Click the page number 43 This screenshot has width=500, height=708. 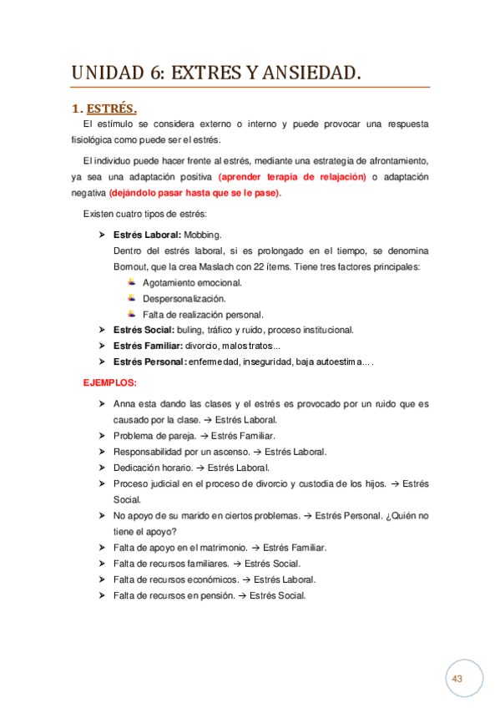click(x=457, y=679)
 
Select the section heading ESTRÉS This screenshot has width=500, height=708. click(x=112, y=109)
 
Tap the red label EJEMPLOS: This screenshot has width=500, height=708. click(x=109, y=382)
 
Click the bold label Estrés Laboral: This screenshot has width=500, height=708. click(x=146, y=235)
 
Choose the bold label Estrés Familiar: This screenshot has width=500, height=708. click(x=148, y=346)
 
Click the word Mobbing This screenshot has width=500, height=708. click(x=203, y=235)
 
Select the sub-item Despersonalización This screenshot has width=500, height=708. click(x=184, y=298)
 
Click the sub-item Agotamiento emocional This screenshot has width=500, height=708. click(x=192, y=282)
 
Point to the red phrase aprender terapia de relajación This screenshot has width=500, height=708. click(x=292, y=177)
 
